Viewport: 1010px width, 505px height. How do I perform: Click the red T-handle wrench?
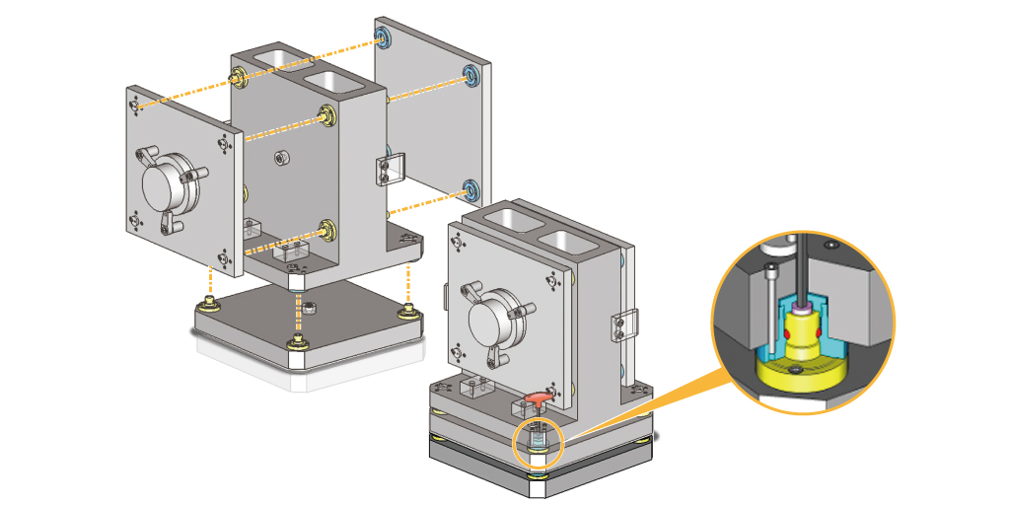(536, 397)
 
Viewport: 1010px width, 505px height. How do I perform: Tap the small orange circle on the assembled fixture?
(538, 439)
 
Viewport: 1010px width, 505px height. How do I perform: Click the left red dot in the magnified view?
(788, 337)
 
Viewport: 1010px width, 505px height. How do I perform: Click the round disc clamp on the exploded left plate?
(167, 183)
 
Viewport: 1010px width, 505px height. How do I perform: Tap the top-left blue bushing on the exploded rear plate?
(383, 39)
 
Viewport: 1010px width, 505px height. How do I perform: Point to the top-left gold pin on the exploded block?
(238, 76)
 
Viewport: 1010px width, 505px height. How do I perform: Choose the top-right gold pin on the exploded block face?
(325, 113)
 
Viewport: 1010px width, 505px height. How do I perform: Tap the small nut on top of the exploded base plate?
(308, 307)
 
